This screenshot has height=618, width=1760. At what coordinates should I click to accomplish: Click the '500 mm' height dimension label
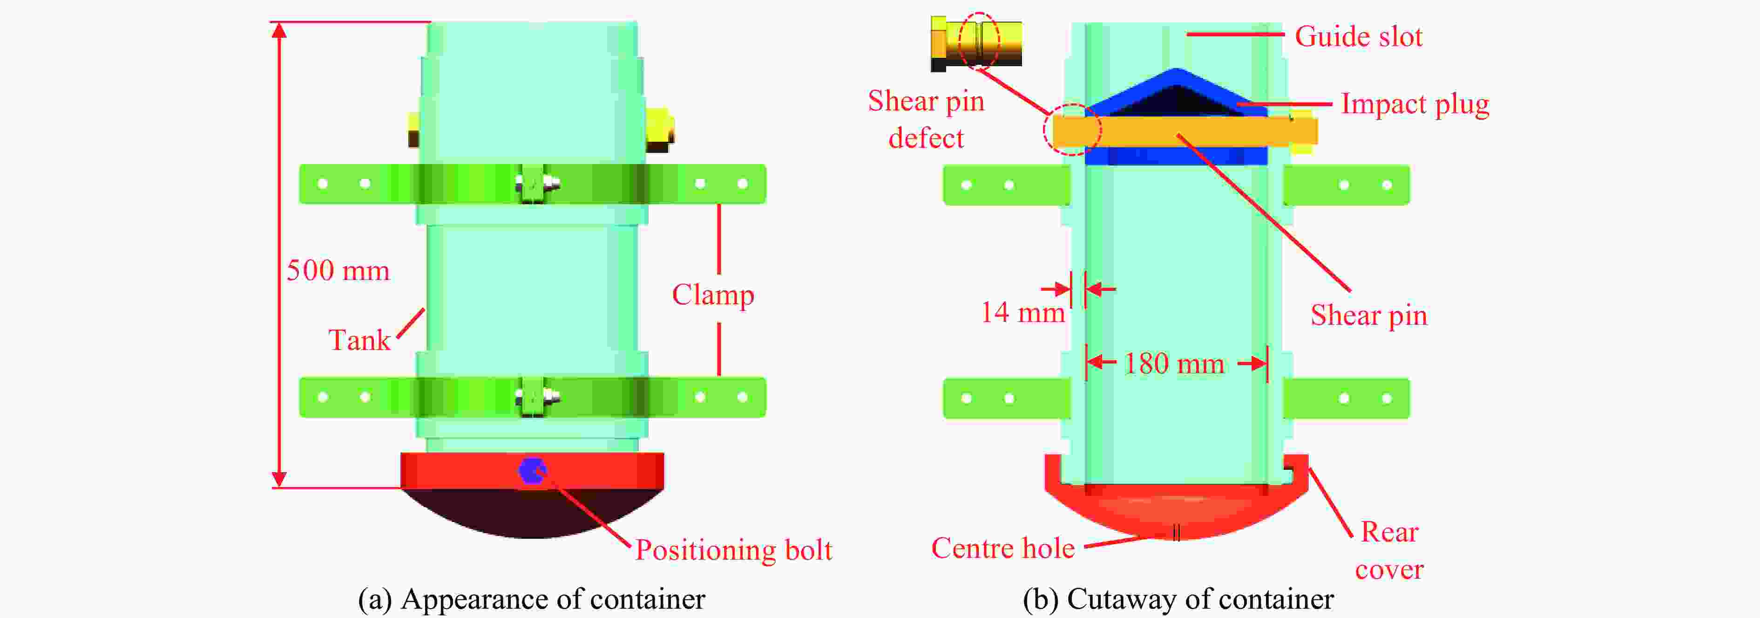[x=338, y=271]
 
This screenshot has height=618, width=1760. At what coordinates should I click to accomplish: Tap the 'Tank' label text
[x=359, y=340]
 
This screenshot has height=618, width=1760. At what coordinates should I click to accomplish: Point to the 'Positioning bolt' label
[x=734, y=549]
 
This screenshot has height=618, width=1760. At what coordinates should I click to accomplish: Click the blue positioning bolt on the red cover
[x=532, y=470]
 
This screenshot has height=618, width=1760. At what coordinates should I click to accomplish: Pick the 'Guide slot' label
[x=1358, y=36]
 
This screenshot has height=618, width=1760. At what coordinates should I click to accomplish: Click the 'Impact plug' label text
[x=1415, y=104]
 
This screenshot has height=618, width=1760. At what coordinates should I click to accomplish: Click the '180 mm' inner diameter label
[x=1174, y=364]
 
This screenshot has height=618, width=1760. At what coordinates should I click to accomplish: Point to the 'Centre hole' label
[x=1002, y=548]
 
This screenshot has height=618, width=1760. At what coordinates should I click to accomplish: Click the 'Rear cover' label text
[x=1390, y=550]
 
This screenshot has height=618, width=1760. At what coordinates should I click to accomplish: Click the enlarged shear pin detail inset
[x=976, y=43]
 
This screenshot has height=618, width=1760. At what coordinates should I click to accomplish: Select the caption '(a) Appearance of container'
[x=532, y=599]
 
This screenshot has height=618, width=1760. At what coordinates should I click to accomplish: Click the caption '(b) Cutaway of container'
[x=1178, y=599]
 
